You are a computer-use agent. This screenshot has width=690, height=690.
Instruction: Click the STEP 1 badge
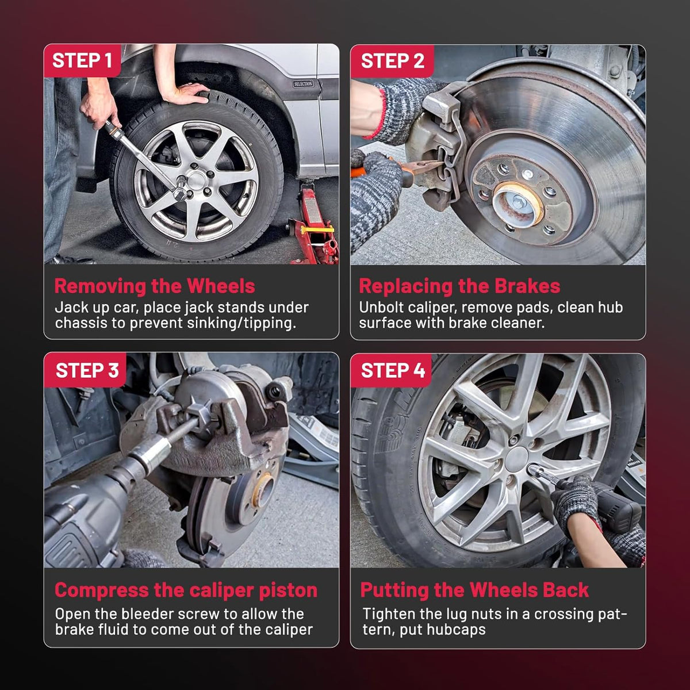[x=82, y=60]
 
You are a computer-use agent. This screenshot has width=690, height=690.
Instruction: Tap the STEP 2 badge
[x=392, y=61]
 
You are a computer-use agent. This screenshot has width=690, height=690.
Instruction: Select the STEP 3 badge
[x=85, y=370]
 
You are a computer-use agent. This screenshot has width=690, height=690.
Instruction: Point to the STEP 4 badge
[x=392, y=370]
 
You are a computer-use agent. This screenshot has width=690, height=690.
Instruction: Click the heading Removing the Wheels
[x=154, y=286]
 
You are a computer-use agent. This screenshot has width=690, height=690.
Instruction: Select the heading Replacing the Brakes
[x=459, y=286]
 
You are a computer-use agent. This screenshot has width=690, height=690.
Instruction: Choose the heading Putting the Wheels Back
[x=474, y=590]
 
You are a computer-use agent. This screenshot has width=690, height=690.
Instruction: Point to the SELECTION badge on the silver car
[x=303, y=84]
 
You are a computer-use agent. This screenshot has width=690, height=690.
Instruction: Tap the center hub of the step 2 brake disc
[x=517, y=203]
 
